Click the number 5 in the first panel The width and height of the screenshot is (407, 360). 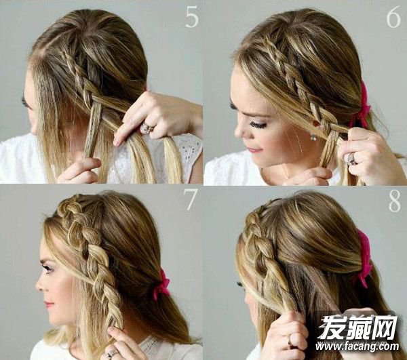192,18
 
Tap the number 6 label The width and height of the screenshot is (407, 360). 393,18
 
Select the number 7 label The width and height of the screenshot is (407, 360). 191,199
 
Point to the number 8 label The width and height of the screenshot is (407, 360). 395,202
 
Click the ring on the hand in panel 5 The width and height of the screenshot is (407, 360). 147,127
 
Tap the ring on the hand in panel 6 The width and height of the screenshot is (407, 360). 351,158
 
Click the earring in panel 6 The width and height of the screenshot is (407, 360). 313,136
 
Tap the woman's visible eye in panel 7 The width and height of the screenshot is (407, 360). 49,268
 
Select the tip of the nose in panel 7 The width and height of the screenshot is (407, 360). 37,287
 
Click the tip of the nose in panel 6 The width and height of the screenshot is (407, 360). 237,134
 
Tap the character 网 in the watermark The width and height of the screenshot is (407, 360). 384,328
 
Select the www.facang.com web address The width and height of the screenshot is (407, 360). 357,346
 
